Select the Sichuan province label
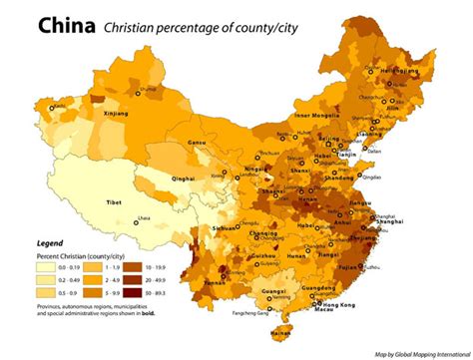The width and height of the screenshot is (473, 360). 225,228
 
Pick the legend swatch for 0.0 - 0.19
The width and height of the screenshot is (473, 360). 46,267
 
